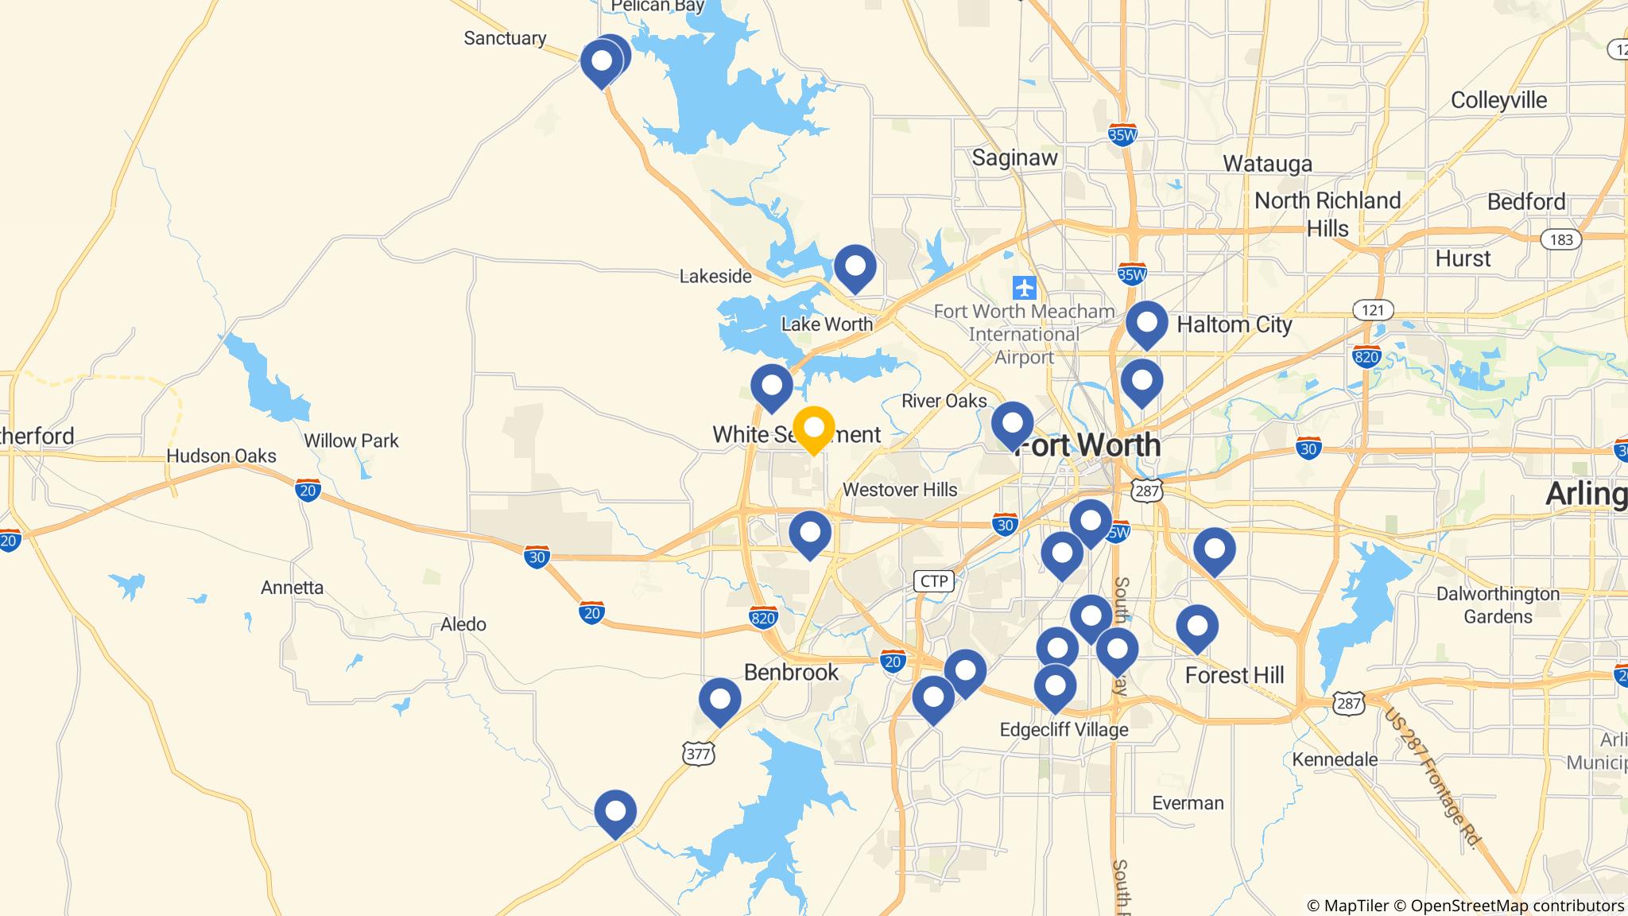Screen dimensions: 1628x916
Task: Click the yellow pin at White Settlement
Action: tap(813, 429)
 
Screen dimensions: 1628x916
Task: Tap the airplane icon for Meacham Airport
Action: tap(1025, 286)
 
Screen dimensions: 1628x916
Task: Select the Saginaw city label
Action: tap(1014, 157)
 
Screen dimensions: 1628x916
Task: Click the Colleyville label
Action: tap(1498, 100)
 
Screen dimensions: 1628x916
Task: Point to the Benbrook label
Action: tap(791, 672)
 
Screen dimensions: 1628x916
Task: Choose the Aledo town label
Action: tap(463, 624)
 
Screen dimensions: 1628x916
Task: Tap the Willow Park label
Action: tap(351, 441)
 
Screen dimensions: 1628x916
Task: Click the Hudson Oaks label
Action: tap(221, 456)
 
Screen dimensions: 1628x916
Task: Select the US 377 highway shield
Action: tap(699, 753)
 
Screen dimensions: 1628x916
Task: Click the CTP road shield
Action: tap(933, 581)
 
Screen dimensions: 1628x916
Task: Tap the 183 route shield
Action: tap(1560, 239)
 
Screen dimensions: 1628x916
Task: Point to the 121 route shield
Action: tap(1373, 309)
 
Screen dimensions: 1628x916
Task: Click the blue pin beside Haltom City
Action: tap(1146, 323)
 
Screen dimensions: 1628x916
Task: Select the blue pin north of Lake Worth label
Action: tap(855, 266)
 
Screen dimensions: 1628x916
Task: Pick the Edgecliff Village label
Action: tap(1064, 729)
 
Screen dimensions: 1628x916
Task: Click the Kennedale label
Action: tap(1335, 759)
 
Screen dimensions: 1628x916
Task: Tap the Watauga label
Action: tap(1267, 164)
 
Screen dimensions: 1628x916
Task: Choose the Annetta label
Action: tap(292, 588)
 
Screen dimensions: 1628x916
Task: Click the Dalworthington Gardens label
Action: tap(1498, 605)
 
